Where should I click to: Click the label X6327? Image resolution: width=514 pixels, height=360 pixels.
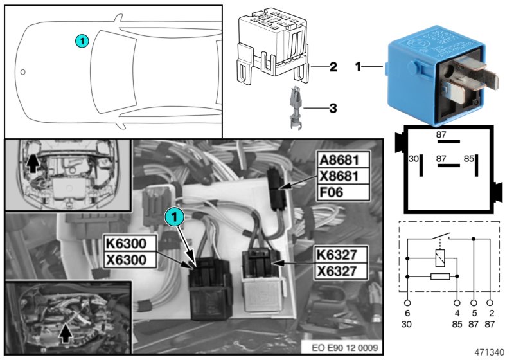coord(338,271)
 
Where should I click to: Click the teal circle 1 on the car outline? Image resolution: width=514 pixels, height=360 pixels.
coord(82,40)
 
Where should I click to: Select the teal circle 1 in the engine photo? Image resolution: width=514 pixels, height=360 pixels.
coord(174,217)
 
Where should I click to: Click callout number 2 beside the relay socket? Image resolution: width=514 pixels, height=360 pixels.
coord(332,67)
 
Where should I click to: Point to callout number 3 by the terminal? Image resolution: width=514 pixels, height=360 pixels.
coord(332,109)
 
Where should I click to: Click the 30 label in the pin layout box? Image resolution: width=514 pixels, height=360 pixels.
coord(413,158)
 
